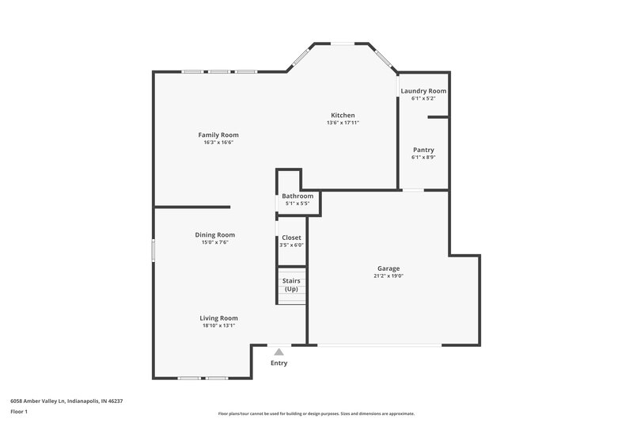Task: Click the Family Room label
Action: pos(218,135)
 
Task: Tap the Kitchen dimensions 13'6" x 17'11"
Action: pos(343,123)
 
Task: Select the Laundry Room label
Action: pos(423,91)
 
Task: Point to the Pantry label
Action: pos(423,150)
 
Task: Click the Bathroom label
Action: pos(298,196)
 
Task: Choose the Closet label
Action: pos(291,238)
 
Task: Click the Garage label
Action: pos(388,269)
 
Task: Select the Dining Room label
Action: pos(215,234)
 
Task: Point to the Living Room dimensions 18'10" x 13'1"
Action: pos(218,325)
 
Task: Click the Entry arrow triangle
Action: pos(279,351)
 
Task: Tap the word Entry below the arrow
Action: pos(279,363)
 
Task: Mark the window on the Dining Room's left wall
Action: pos(154,249)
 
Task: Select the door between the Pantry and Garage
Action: pos(413,190)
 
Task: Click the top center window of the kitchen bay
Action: pos(342,44)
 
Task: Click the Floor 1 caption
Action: pos(20,412)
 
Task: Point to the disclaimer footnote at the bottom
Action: pos(316,413)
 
